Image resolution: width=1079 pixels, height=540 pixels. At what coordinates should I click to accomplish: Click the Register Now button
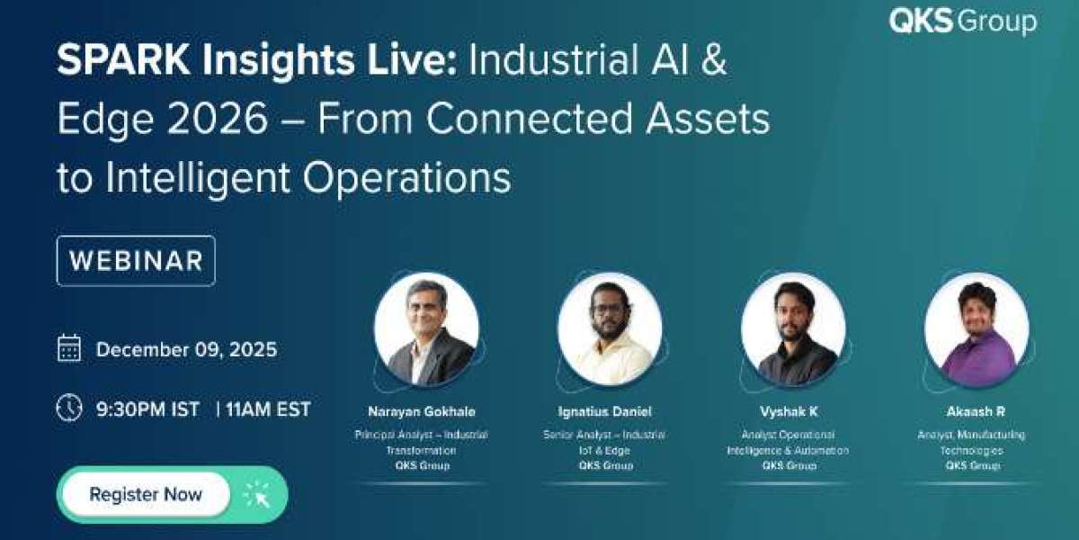pyautogui.click(x=146, y=494)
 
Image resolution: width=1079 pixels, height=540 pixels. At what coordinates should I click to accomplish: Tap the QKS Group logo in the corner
pyautogui.click(x=962, y=22)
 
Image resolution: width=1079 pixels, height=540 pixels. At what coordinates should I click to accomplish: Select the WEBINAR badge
pyautogui.click(x=136, y=261)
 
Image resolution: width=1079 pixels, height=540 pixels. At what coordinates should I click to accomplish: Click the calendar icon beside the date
pyautogui.click(x=69, y=348)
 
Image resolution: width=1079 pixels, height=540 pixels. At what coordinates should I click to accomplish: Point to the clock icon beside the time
pyautogui.click(x=69, y=408)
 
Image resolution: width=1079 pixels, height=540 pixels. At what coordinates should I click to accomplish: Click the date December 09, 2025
pyautogui.click(x=186, y=349)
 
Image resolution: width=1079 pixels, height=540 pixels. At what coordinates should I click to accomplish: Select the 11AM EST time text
pyautogui.click(x=268, y=409)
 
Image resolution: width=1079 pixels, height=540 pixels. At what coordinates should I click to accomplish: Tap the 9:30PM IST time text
pyautogui.click(x=147, y=409)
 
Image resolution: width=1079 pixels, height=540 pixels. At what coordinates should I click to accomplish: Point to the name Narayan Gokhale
pyautogui.click(x=422, y=411)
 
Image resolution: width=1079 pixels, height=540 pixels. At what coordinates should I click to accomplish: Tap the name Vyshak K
pyautogui.click(x=788, y=411)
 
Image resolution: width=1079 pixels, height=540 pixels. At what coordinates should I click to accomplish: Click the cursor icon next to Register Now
pyautogui.click(x=256, y=494)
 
